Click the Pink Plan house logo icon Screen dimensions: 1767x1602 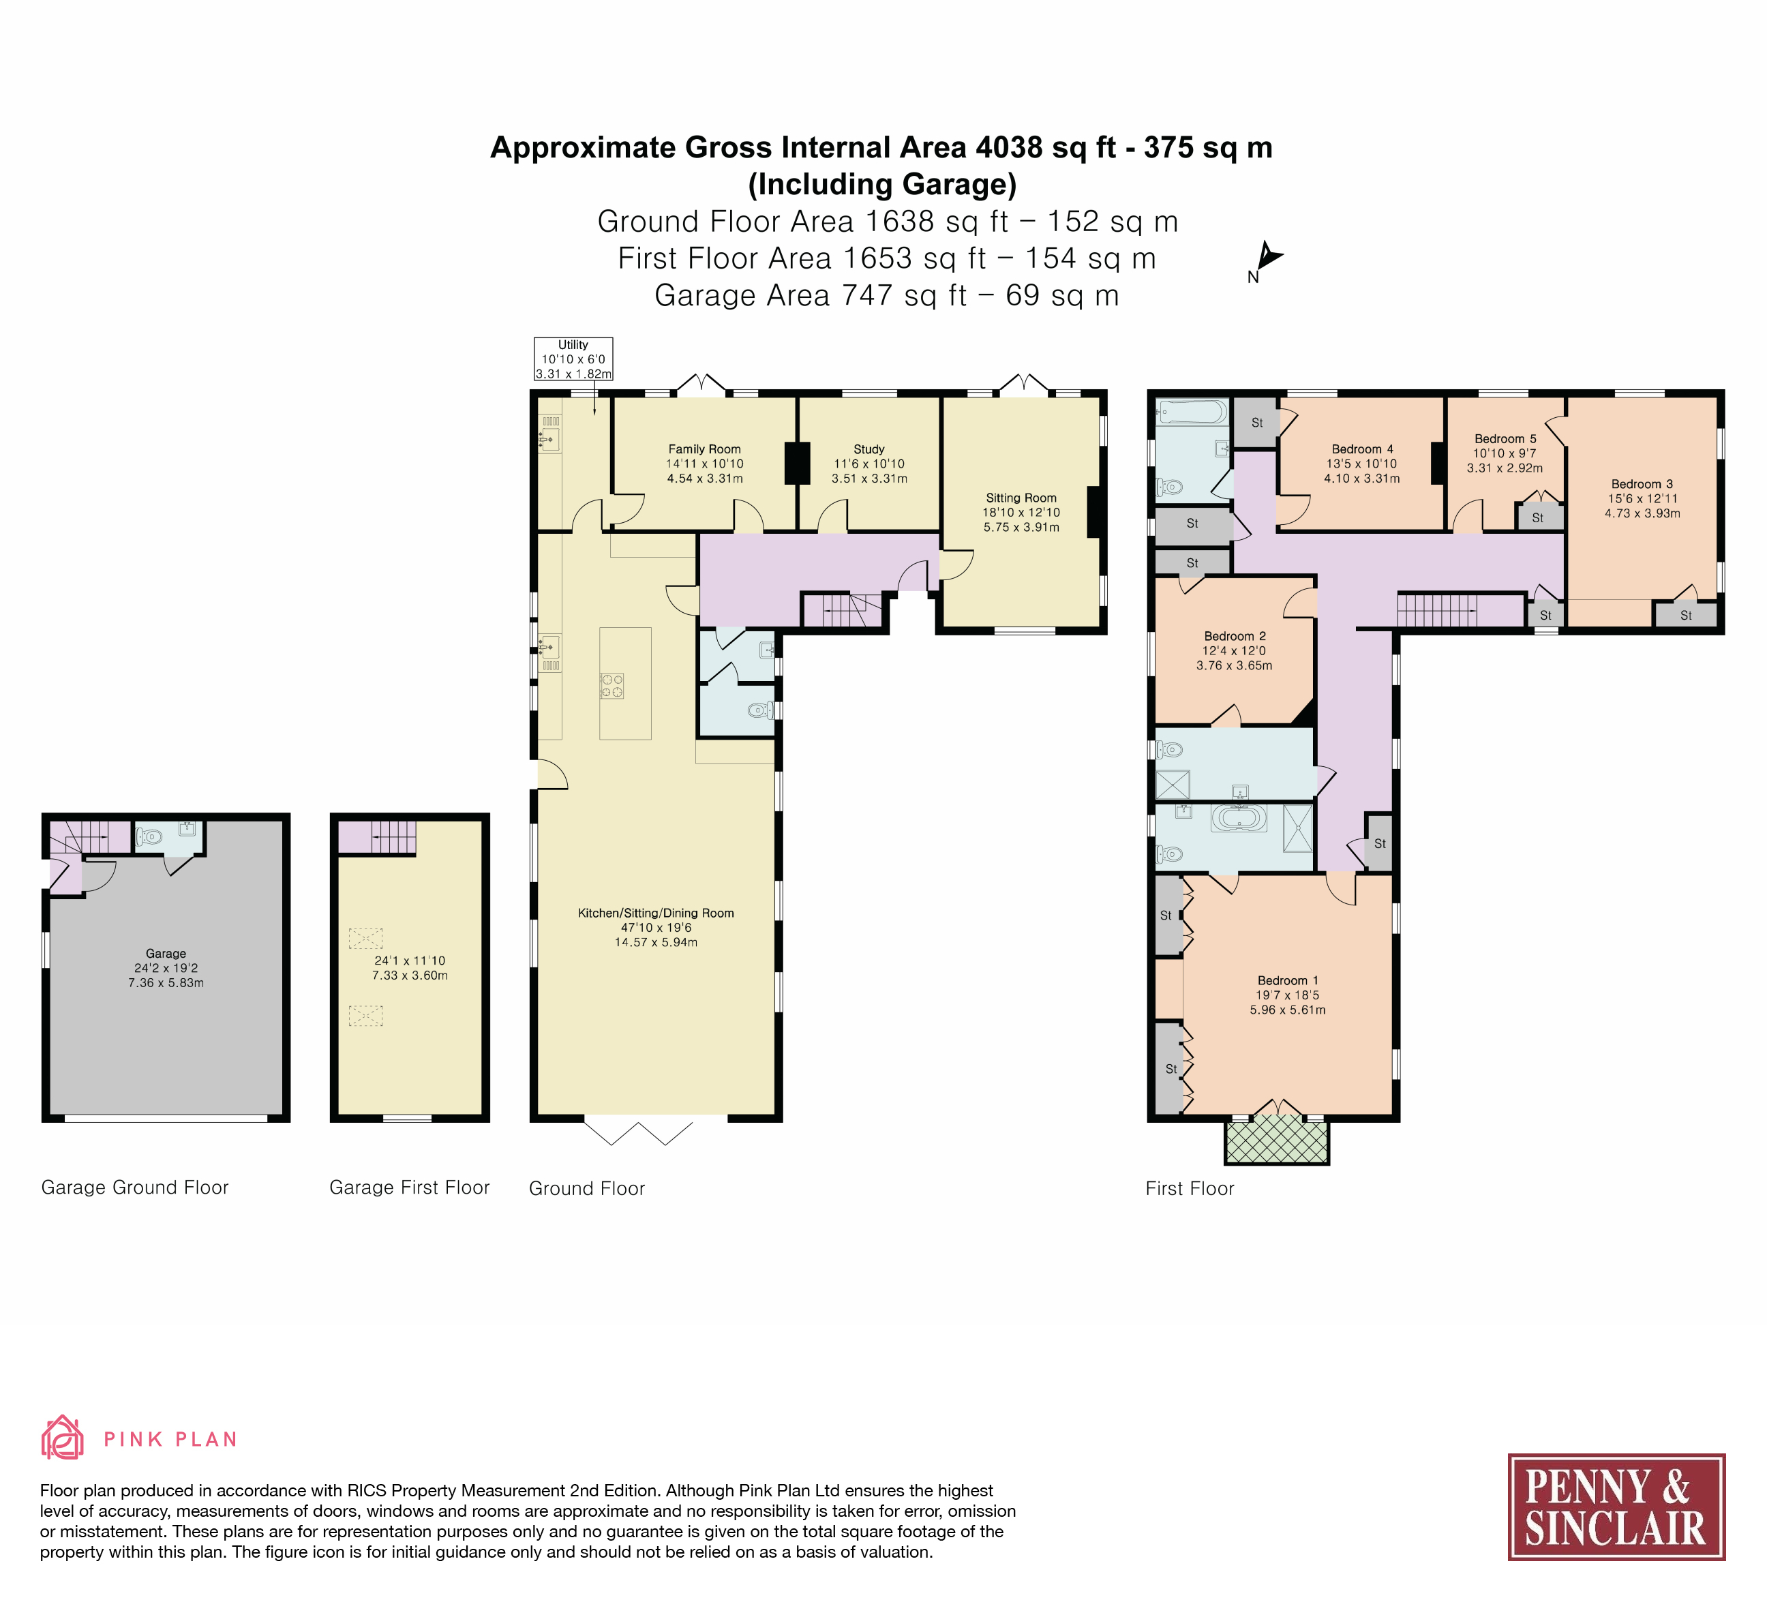[x=62, y=1437]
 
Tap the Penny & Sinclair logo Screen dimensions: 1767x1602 [x=1616, y=1507]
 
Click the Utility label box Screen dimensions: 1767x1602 [x=573, y=359]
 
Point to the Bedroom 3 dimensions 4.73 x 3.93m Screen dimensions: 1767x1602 [x=1642, y=513]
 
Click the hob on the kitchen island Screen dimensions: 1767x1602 [x=611, y=685]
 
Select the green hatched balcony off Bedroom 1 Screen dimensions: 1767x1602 [x=1277, y=1142]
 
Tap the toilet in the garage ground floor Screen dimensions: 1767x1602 [x=149, y=837]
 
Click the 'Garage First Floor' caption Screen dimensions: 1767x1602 [x=409, y=1188]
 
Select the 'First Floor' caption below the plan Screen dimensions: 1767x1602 [x=1190, y=1188]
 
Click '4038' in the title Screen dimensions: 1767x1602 [x=1009, y=147]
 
